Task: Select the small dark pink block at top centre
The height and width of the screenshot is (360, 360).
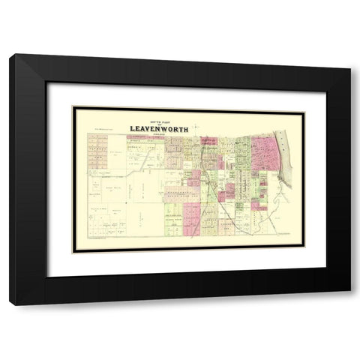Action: (208, 140)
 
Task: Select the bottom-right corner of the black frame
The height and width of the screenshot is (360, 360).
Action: (349, 292)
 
